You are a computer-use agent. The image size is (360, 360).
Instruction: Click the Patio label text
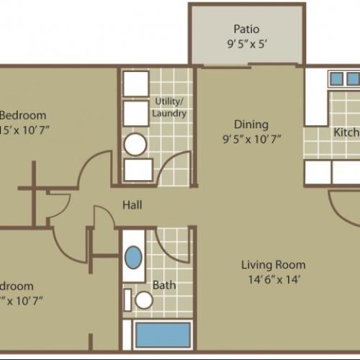pos(246,30)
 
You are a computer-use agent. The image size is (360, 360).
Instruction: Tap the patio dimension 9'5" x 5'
pos(246,43)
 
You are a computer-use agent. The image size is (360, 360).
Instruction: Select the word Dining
pos(251,124)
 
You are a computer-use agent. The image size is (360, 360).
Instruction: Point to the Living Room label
pos(273,264)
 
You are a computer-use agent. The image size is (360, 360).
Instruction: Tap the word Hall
pos(132,205)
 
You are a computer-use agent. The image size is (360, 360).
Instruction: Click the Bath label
pos(164,285)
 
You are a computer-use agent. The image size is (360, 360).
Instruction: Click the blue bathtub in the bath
pos(163,336)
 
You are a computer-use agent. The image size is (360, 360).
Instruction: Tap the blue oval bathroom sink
pos(134,257)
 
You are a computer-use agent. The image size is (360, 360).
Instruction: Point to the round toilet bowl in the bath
pos(144,300)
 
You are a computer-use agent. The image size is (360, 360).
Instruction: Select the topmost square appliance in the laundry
pos(135,84)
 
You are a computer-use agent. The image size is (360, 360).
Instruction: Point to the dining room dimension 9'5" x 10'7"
pos(251,138)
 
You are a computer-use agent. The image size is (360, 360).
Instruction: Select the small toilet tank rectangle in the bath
pos(127,300)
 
